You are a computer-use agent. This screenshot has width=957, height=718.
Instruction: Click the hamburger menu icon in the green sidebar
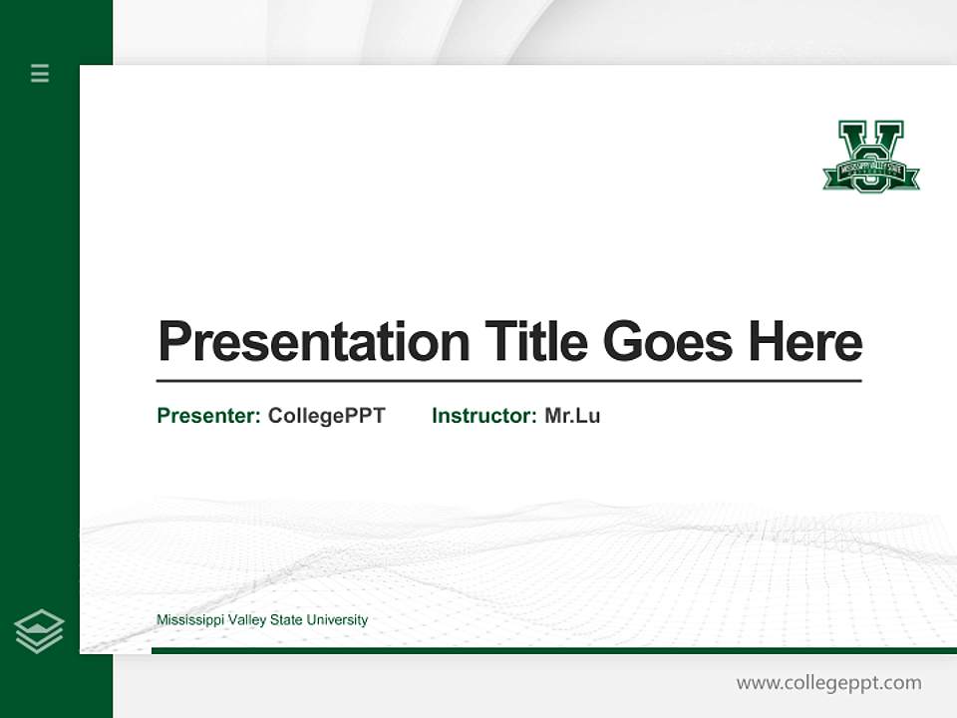[40, 73]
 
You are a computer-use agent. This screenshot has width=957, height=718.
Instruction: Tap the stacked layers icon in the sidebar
[39, 631]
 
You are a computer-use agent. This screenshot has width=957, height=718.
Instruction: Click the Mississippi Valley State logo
[870, 157]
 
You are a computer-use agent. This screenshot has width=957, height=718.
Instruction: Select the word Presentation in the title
[313, 342]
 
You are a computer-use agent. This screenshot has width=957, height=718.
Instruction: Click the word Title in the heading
[536, 342]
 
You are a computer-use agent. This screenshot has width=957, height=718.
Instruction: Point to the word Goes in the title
[668, 342]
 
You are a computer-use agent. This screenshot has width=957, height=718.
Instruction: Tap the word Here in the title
[804, 342]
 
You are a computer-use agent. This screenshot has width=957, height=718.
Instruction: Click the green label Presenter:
[208, 416]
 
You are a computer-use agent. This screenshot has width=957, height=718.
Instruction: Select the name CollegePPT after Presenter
[326, 416]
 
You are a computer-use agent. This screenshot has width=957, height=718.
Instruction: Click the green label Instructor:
[483, 416]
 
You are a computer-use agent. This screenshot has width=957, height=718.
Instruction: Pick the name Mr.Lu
[572, 416]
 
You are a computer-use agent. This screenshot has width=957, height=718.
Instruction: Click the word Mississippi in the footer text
[189, 620]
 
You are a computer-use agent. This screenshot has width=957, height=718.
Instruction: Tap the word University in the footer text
[337, 620]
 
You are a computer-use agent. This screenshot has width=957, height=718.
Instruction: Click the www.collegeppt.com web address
[828, 683]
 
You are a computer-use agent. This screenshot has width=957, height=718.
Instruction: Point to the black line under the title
[508, 380]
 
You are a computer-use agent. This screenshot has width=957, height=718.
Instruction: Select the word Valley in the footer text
[246, 620]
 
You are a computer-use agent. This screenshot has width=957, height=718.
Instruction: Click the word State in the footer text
[286, 620]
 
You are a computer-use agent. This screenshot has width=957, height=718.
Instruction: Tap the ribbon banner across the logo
[870, 171]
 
